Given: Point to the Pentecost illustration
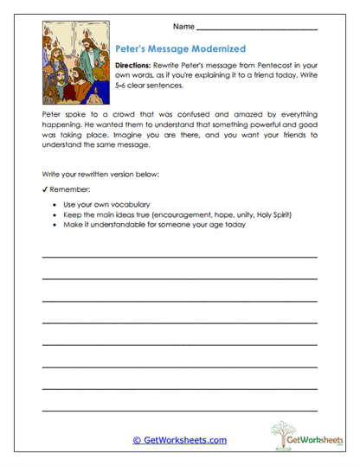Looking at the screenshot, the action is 75,72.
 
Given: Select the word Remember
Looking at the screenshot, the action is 68,188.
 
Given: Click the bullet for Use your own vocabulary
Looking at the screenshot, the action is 55,205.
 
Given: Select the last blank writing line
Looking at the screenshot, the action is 179,409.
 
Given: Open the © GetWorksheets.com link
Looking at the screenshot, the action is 179,440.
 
